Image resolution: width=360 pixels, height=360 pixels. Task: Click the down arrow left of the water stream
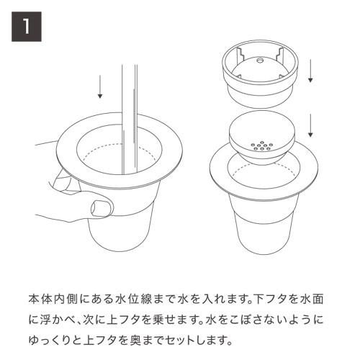(x=100, y=84)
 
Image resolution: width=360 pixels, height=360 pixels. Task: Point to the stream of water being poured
(x=130, y=101)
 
